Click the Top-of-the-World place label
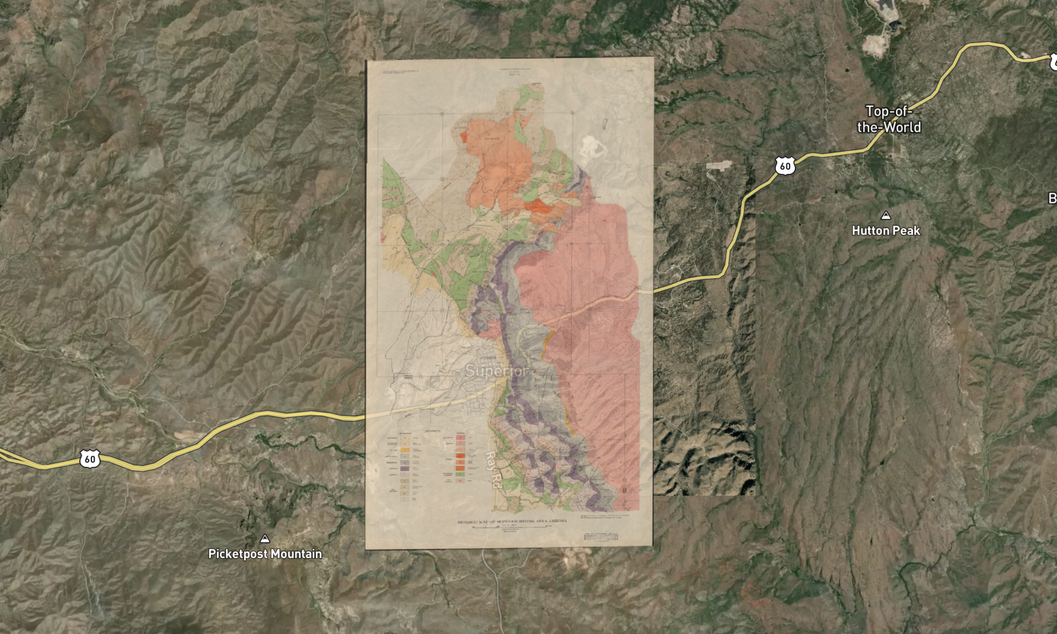click(888, 119)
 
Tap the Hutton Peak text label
click(885, 231)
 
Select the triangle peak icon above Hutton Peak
click(886, 215)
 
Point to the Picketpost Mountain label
click(265, 554)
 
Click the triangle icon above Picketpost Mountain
click(265, 539)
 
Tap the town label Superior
click(497, 371)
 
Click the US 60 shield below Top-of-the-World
click(785, 166)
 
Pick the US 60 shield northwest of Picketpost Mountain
click(90, 459)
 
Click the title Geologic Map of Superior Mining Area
click(511, 522)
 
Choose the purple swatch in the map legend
click(405, 469)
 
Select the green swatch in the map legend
click(460, 474)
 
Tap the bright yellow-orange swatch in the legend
click(405, 450)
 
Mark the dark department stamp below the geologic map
click(601, 537)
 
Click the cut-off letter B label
click(1052, 198)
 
